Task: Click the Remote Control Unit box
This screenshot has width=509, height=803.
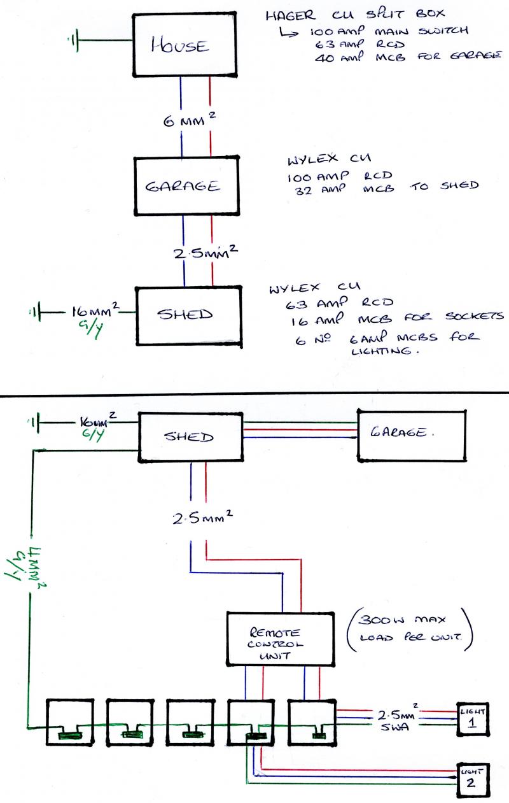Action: tap(281, 639)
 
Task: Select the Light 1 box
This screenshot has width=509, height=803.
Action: tap(471, 718)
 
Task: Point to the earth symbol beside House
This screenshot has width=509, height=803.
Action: tap(75, 42)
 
